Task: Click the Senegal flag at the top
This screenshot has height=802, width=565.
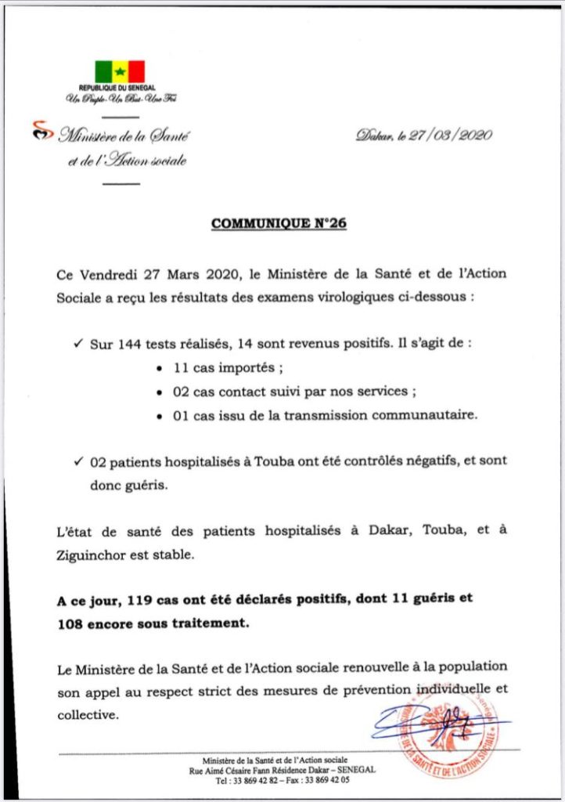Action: point(120,71)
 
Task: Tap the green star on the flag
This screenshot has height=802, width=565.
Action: point(120,71)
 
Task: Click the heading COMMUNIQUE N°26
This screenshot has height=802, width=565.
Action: point(279,224)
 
